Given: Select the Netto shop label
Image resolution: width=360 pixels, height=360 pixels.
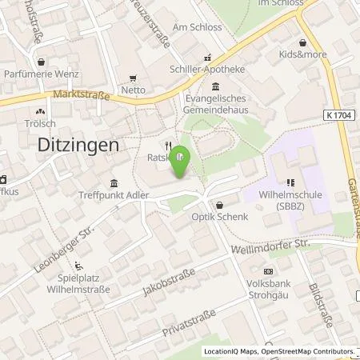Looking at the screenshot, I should click(134, 90).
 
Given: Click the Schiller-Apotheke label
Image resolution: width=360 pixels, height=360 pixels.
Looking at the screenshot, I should click(208, 70).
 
